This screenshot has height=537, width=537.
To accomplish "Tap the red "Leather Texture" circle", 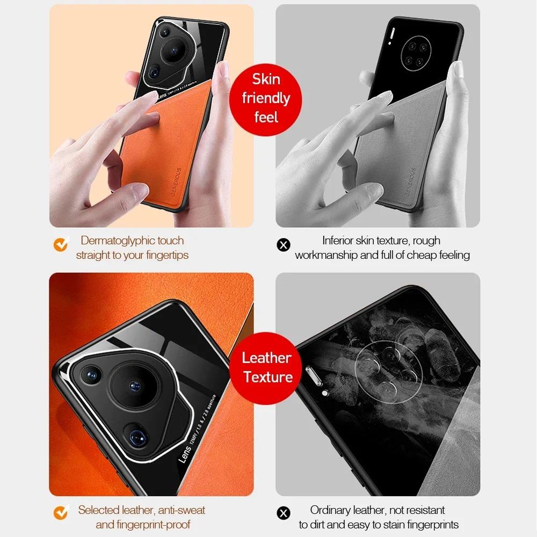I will pyautogui.click(x=267, y=367).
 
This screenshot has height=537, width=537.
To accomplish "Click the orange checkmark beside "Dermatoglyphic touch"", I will pyautogui.click(x=61, y=245).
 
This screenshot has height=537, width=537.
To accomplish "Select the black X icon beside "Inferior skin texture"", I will pyautogui.click(x=283, y=245).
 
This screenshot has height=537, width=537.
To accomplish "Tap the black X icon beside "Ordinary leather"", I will pyautogui.click(x=283, y=514).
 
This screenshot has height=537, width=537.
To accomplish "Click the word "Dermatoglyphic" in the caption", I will pyautogui.click(x=117, y=241).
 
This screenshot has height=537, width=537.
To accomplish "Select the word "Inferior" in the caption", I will pyautogui.click(x=341, y=241).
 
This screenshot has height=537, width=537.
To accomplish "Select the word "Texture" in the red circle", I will pyautogui.click(x=267, y=377).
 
